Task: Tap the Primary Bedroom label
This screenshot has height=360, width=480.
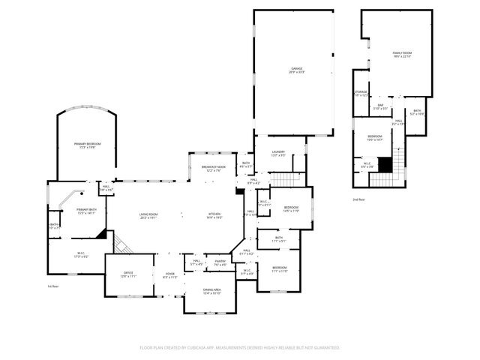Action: coord(87,145)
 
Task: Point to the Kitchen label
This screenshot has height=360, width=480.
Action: coord(216,216)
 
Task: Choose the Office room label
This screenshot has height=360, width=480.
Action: coord(118,275)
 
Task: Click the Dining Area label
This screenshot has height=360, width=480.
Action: coord(212,291)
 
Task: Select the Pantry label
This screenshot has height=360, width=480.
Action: coord(220,262)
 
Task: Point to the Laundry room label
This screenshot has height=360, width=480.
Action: coord(277,154)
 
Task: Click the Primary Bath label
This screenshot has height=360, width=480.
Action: coord(86,212)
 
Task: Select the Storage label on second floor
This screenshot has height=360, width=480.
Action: coord(361,94)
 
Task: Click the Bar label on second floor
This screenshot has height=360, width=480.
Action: coord(381,108)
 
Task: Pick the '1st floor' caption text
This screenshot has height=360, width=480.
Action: coord(52,286)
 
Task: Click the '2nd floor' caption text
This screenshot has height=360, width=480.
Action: coord(359,200)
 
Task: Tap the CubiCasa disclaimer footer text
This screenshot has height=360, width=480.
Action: coord(240,347)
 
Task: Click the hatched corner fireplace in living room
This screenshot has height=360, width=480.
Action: coord(121,241)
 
